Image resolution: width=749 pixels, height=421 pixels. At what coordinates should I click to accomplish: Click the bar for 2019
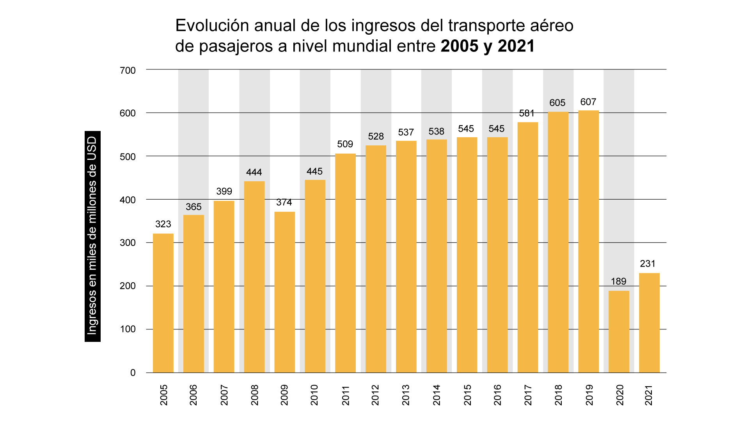pyautogui.click(x=588, y=242)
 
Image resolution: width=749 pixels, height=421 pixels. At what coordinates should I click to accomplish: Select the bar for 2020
pyautogui.click(x=619, y=331)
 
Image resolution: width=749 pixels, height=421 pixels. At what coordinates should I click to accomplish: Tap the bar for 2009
pyautogui.click(x=284, y=292)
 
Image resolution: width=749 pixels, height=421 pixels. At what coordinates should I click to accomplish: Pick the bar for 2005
pyautogui.click(x=163, y=303)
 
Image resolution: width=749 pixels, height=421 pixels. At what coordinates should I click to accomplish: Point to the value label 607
pyautogui.click(x=588, y=102)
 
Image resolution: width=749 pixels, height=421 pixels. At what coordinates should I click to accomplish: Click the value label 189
pyautogui.click(x=619, y=281)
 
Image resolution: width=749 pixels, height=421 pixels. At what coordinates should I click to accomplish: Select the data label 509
pyautogui.click(x=345, y=144)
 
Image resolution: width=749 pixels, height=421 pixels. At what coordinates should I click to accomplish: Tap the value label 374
pyautogui.click(x=284, y=202)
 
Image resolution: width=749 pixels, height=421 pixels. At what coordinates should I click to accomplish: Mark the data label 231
pyautogui.click(x=648, y=264)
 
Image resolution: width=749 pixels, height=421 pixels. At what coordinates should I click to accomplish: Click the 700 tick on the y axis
pyautogui.click(x=128, y=71)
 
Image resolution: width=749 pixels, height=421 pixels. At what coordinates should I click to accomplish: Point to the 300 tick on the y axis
pyautogui.click(x=128, y=243)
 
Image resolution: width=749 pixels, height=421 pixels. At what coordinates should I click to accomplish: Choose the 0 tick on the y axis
pyautogui.click(x=133, y=373)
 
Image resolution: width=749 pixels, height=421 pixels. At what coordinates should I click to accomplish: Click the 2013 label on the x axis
pyautogui.click(x=406, y=395)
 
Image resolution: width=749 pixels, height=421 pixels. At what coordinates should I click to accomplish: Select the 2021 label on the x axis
pyautogui.click(x=648, y=395)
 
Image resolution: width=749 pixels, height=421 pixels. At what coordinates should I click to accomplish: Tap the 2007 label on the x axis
pyautogui.click(x=224, y=395)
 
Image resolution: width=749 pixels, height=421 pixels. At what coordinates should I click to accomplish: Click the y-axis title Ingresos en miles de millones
pyautogui.click(x=92, y=236)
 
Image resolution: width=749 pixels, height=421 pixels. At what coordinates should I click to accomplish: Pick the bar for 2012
pyautogui.click(x=376, y=259)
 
